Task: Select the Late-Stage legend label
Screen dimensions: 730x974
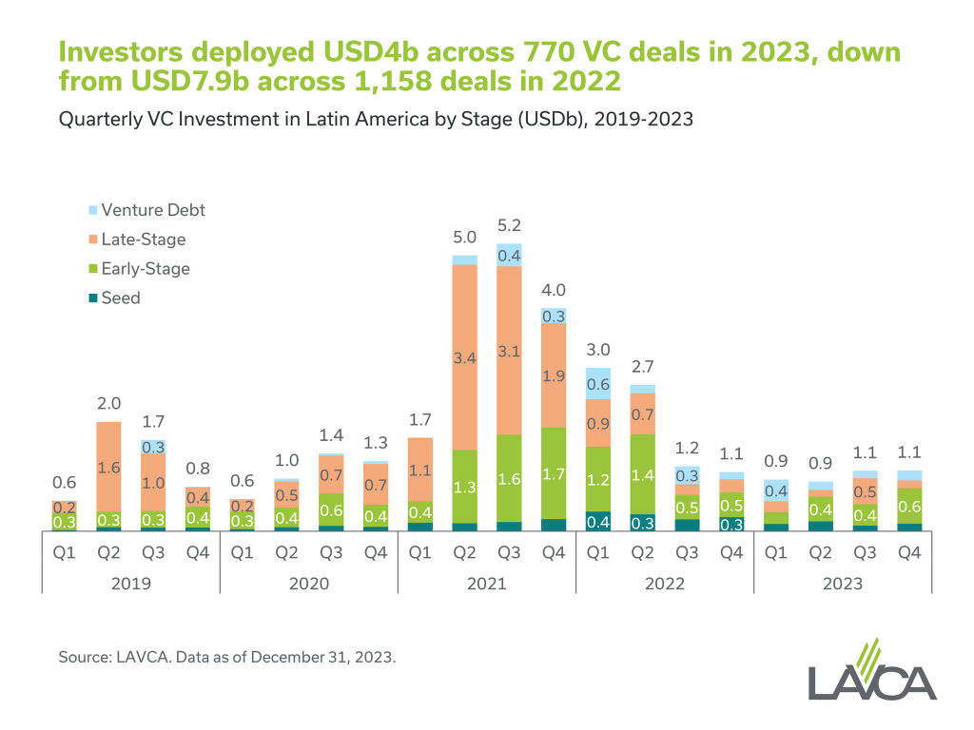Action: (144, 240)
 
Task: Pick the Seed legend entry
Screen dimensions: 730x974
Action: (121, 298)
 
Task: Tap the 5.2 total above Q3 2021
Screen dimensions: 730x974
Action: (509, 226)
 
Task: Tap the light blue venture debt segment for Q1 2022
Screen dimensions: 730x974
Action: (598, 383)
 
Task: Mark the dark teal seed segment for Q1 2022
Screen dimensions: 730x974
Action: (598, 521)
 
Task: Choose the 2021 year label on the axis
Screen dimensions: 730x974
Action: (487, 583)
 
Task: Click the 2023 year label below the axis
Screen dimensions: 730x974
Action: (844, 583)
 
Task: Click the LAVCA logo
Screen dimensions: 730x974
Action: (871, 671)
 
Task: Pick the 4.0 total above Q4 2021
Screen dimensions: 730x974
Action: (554, 291)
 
